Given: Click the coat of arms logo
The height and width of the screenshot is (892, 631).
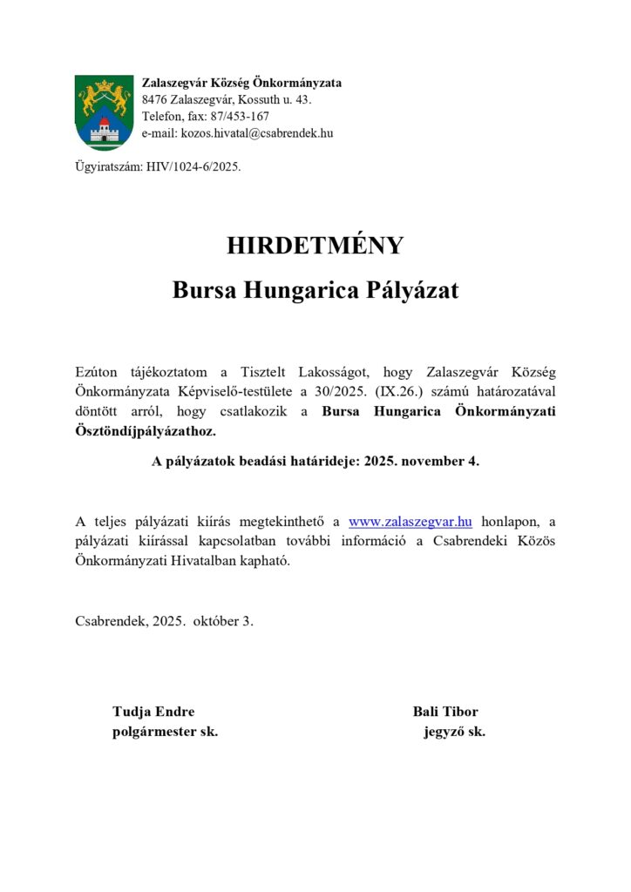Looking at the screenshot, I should (x=104, y=111).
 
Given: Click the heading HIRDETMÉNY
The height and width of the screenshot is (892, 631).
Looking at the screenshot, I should (x=315, y=246).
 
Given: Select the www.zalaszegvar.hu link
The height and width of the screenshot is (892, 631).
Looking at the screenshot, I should (x=410, y=522).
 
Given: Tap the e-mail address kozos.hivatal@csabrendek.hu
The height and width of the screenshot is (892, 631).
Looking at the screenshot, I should (x=256, y=133).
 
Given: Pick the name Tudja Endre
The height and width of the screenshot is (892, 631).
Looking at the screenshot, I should (x=153, y=712).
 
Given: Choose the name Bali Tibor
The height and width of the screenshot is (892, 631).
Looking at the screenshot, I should (x=445, y=712).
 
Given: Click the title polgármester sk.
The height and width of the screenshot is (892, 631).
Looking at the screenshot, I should (x=165, y=732).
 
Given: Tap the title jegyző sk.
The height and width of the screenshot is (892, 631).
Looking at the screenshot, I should (x=454, y=732).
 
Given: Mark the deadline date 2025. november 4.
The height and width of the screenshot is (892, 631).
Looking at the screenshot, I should (x=422, y=462).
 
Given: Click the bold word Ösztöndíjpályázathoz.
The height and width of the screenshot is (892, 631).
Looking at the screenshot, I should (x=144, y=430).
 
